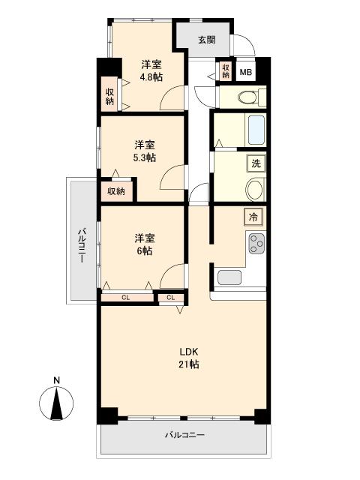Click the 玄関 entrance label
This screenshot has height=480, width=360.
[207, 40]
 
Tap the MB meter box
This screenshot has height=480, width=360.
[246, 72]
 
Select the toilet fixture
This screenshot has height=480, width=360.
[252, 97]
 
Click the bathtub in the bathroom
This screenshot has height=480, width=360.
[256, 130]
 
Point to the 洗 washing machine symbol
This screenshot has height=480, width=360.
[256, 163]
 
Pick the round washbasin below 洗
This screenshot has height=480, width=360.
[255, 190]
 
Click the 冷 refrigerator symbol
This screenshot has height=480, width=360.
[253, 217]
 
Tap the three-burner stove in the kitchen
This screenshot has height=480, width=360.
[256, 244]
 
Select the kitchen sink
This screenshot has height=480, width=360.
[229, 277]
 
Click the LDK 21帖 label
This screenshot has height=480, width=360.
[189, 358]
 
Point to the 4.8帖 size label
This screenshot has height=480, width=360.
[151, 76]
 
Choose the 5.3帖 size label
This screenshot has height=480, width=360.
[145, 157]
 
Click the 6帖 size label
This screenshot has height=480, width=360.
[144, 251]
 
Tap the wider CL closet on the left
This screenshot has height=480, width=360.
[127, 297]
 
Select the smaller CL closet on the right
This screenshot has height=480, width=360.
[171, 298]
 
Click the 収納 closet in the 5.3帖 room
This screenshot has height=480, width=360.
[116, 191]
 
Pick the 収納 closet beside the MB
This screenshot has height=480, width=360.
[226, 71]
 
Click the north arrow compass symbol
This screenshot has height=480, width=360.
[56, 403]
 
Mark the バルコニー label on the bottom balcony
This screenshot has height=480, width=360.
[185, 435]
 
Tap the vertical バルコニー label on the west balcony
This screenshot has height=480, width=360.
[82, 245]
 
